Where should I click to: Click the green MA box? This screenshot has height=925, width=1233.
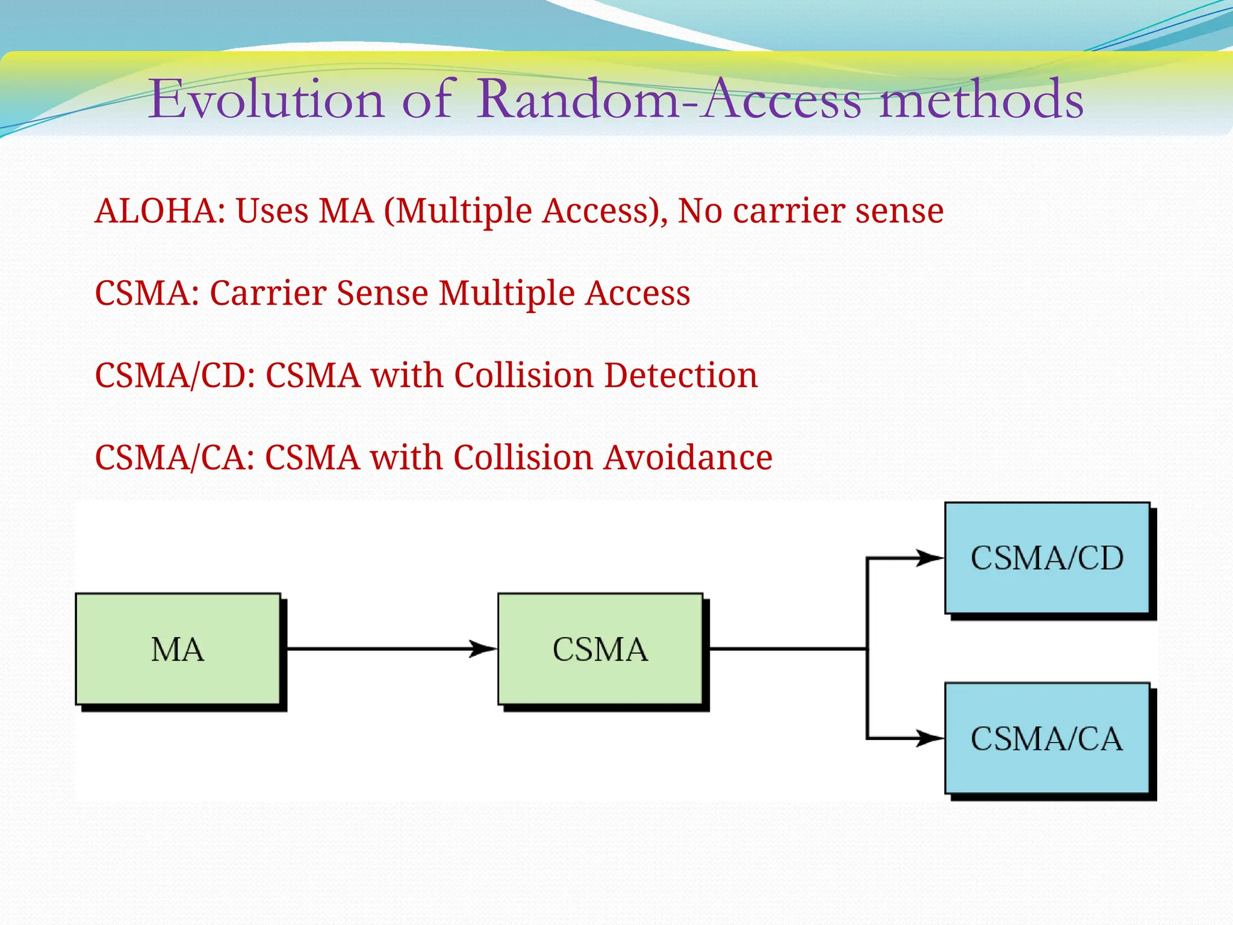(178, 649)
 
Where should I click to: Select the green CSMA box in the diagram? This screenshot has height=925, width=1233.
(600, 649)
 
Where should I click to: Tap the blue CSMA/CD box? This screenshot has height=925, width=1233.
(1047, 558)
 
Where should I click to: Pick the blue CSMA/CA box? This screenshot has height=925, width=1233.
(1047, 738)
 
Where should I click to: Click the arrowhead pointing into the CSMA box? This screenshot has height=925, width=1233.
(483, 649)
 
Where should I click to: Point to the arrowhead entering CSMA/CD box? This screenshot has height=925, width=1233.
(930, 558)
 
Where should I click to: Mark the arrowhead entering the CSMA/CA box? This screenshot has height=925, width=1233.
(930, 738)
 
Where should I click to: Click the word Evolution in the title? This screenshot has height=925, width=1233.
(266, 99)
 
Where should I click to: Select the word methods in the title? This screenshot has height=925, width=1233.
(981, 99)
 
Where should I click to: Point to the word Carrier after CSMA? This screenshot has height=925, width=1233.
(268, 293)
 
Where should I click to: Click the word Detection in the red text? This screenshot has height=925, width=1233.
(681, 375)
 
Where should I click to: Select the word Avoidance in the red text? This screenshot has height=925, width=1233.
(688, 457)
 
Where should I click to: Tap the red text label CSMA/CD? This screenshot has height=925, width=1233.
(175, 375)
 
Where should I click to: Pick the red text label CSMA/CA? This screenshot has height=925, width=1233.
(175, 457)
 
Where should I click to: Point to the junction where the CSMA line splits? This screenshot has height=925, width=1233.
(867, 649)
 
